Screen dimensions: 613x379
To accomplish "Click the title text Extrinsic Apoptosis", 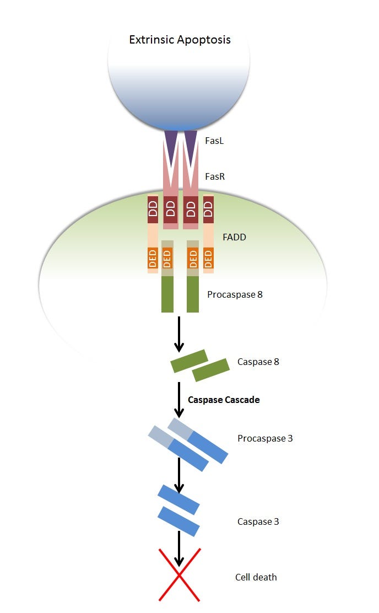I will point(180,40).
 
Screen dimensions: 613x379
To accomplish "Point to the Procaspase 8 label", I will point(235,294).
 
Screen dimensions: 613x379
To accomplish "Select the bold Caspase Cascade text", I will point(224,400).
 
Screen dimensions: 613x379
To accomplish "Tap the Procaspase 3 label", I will point(265,439).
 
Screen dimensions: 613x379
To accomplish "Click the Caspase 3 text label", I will point(258,521).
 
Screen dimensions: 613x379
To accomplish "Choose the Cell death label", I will point(256,577).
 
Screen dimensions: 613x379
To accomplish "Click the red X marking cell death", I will point(179,574).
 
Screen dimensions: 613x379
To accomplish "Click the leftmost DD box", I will point(153,209).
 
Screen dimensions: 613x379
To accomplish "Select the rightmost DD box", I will point(208,209).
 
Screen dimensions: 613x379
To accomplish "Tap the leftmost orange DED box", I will point(153,258).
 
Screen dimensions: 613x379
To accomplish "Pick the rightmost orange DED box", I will point(208,258).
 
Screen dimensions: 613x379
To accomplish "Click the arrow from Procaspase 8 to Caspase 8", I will point(178,334).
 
